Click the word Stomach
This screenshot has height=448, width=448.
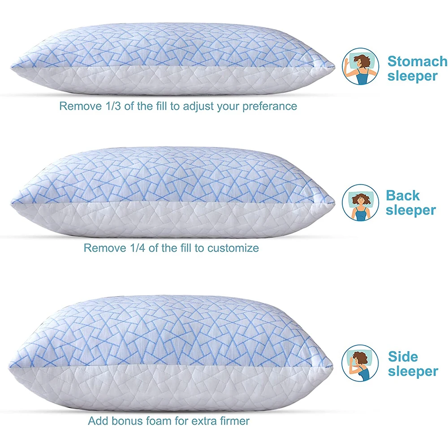[x=417, y=61]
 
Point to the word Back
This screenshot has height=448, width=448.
[x=403, y=195]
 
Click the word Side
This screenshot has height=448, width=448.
[x=403, y=357]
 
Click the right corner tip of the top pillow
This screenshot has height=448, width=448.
[x=334, y=66]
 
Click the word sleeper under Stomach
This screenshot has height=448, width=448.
[x=412, y=76]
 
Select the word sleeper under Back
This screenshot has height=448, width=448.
[x=410, y=210]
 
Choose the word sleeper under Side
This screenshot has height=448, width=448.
[x=413, y=371]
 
